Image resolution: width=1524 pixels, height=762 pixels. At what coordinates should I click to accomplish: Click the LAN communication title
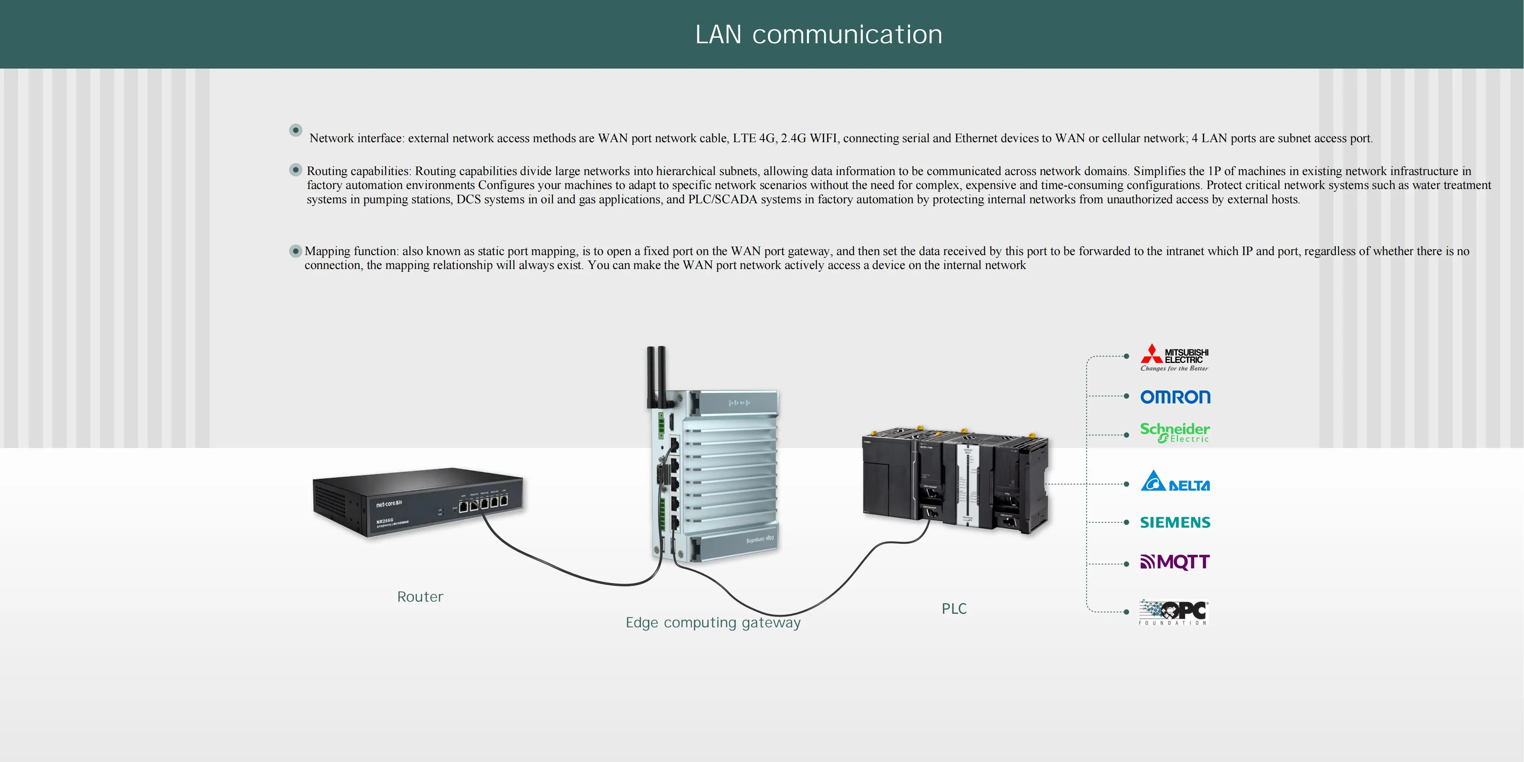pyautogui.click(x=818, y=34)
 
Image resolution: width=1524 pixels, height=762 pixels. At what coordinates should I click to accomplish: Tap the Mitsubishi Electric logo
pyautogui.click(x=1175, y=357)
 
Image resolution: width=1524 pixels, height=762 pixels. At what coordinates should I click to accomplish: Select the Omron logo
pyautogui.click(x=1175, y=397)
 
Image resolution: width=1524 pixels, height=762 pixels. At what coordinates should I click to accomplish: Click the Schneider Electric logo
pyautogui.click(x=1175, y=433)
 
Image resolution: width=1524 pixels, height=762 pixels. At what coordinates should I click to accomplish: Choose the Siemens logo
pyautogui.click(x=1175, y=522)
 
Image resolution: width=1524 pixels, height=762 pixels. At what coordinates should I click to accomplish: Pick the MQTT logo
pyautogui.click(x=1175, y=562)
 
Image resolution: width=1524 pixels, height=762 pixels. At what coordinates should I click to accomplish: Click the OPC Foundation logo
pyautogui.click(x=1174, y=612)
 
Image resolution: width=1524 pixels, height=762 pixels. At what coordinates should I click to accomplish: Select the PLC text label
pyautogui.click(x=954, y=609)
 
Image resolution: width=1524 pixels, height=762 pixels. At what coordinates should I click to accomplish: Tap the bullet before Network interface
pyautogui.click(x=296, y=130)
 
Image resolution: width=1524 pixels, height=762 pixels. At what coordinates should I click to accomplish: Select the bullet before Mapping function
pyautogui.click(x=295, y=251)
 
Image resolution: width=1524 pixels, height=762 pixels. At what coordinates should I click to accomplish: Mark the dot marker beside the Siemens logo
pyautogui.click(x=1126, y=522)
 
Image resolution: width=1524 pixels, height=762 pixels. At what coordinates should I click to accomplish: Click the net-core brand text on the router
pyautogui.click(x=389, y=503)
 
